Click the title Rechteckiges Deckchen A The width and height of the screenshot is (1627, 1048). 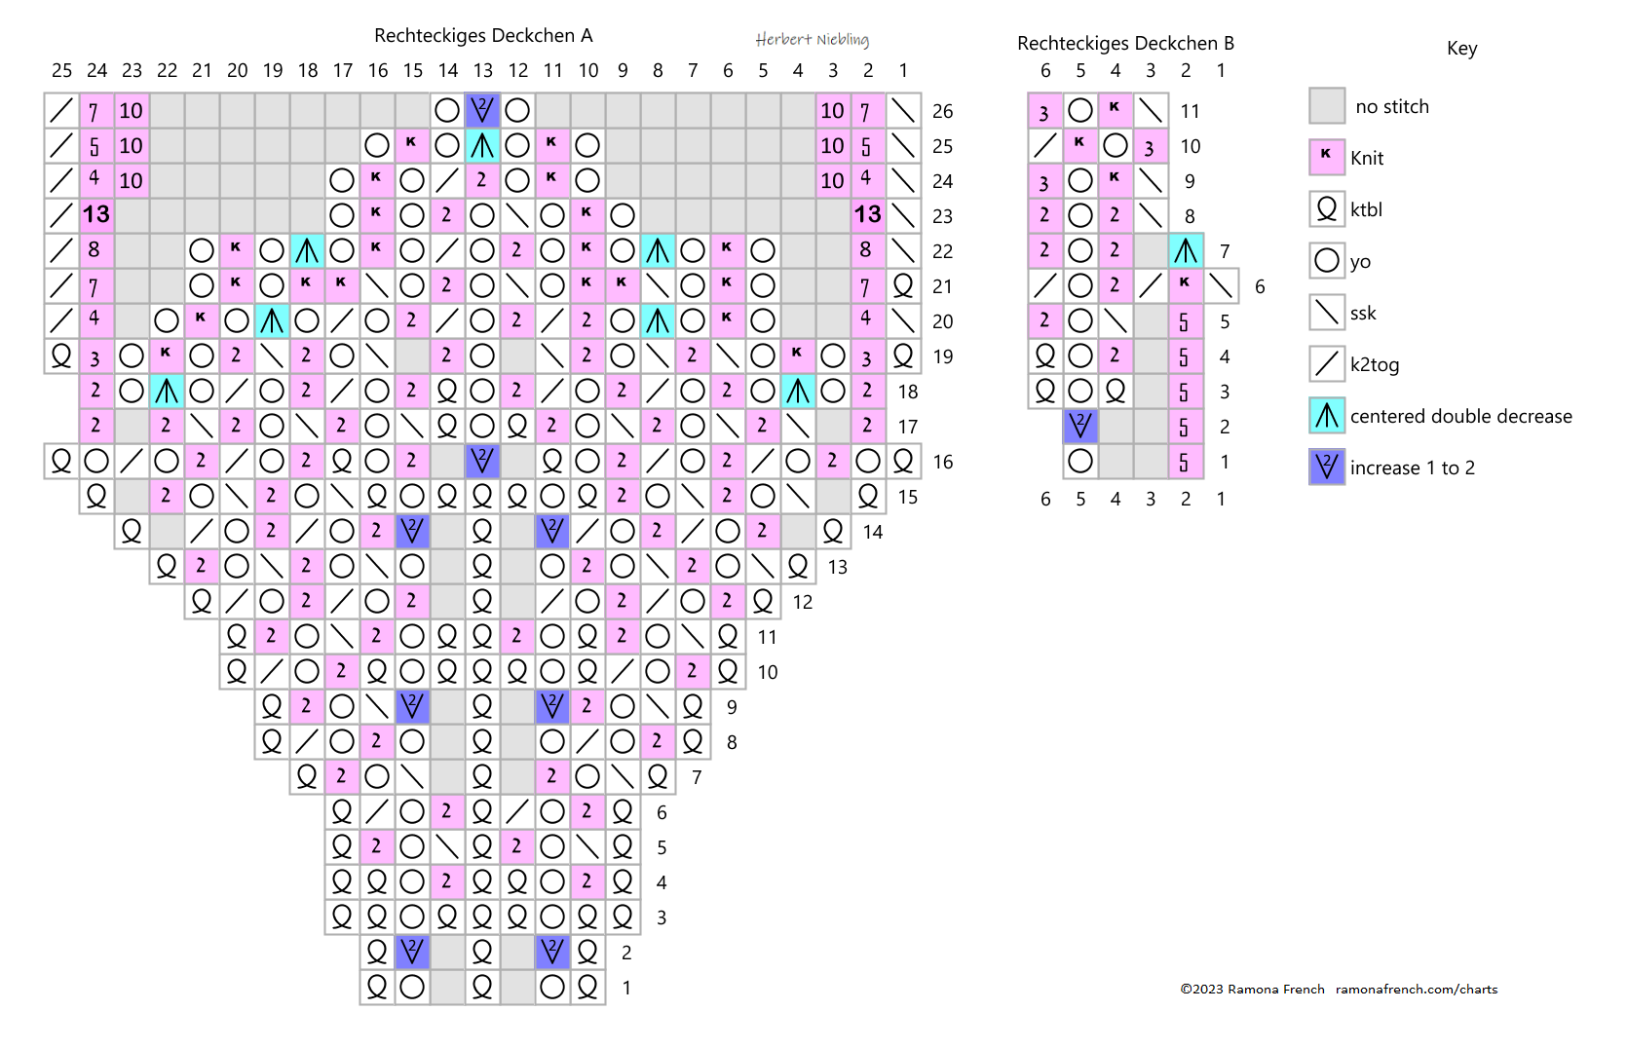pyautogui.click(x=483, y=36)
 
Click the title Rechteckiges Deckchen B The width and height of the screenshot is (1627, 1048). pyautogui.click(x=1125, y=43)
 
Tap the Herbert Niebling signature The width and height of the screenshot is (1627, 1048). pyautogui.click(x=812, y=39)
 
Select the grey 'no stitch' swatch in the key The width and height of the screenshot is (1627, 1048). pyautogui.click(x=1327, y=106)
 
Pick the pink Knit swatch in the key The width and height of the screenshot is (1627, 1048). pyautogui.click(x=1327, y=158)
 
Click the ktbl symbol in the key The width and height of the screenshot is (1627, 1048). pyautogui.click(x=1327, y=209)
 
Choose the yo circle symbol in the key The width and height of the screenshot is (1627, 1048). pyautogui.click(x=1327, y=261)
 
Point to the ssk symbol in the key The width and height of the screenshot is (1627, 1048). pyautogui.click(x=1327, y=313)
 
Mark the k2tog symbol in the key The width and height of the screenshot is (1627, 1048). pyautogui.click(x=1327, y=364)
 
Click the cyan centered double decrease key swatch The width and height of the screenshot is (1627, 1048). pyautogui.click(x=1327, y=416)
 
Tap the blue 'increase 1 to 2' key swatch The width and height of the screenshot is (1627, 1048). pyautogui.click(x=1327, y=468)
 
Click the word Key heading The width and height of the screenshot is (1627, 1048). pyautogui.click(x=1461, y=49)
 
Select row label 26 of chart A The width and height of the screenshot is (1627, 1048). pyautogui.click(x=942, y=111)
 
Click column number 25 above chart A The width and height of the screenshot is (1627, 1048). pyautogui.click(x=61, y=70)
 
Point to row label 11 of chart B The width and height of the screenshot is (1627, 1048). pyautogui.click(x=1190, y=111)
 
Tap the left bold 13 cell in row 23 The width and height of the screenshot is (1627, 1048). pyautogui.click(x=95, y=215)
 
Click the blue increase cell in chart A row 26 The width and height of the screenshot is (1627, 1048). pyautogui.click(x=482, y=110)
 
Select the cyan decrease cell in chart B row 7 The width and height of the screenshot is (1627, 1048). pyautogui.click(x=1186, y=251)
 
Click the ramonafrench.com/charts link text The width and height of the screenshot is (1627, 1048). pyautogui.click(x=1416, y=990)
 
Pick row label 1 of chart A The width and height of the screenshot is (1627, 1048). pyautogui.click(x=626, y=988)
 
